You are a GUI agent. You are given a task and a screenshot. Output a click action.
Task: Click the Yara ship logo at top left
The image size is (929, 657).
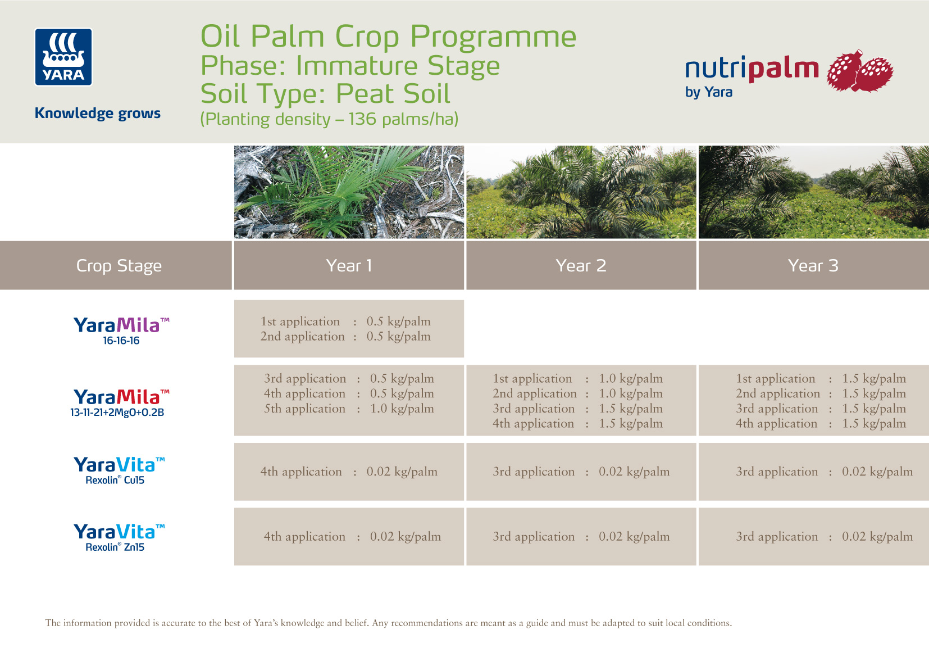click(x=63, y=57)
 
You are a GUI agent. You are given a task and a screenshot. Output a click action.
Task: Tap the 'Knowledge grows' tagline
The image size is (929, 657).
click(x=98, y=113)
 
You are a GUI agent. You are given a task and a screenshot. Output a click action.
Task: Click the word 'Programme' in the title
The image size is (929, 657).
click(x=493, y=37)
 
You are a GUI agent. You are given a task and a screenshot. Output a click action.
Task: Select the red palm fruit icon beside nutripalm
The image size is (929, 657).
click(x=859, y=71)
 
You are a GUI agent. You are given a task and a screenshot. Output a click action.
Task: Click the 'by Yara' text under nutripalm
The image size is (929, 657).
click(x=708, y=92)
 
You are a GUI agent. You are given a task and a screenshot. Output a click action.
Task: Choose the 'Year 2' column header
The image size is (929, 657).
click(x=581, y=266)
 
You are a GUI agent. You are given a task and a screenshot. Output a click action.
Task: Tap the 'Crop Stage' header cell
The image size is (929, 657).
click(x=119, y=266)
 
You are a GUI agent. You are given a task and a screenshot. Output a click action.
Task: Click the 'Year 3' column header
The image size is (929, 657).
click(x=813, y=266)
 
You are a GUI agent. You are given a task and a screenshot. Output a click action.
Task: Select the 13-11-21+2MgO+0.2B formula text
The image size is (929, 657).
click(x=117, y=413)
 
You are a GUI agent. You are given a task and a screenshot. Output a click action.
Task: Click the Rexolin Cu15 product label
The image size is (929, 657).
click(x=115, y=480)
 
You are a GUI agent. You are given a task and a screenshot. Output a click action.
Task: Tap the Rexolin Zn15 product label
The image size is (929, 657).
click(x=115, y=547)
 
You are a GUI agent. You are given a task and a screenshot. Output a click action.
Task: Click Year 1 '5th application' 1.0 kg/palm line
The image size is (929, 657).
click(x=349, y=409)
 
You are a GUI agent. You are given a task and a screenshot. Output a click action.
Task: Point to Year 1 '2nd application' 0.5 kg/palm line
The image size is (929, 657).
click(x=345, y=337)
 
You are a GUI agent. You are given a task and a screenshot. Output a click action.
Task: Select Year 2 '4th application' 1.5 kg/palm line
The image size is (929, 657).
click(x=577, y=424)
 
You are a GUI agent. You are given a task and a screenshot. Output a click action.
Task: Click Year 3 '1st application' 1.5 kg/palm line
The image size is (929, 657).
click(x=821, y=379)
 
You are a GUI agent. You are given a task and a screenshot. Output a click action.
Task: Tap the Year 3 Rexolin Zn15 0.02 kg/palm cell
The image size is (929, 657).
click(x=824, y=537)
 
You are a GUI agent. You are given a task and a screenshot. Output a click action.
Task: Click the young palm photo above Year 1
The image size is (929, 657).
click(x=349, y=192)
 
